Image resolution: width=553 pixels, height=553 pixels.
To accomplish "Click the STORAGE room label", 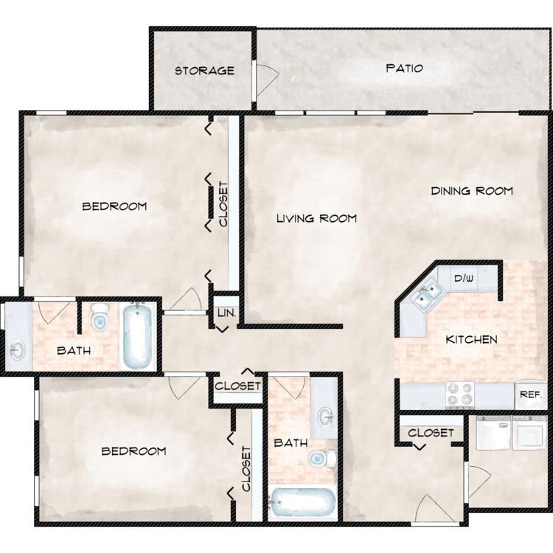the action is click(204, 71).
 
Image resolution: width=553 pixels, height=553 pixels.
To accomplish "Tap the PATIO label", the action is click(405, 68).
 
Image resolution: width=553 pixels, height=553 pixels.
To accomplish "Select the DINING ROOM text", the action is click(472, 191).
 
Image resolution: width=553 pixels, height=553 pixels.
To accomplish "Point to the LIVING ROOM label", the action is click(317, 219).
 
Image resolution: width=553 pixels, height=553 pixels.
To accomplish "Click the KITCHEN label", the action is click(472, 340).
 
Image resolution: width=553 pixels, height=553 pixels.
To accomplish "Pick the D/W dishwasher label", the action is click(464, 279).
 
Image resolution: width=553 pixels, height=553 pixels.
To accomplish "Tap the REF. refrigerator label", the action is click(531, 394).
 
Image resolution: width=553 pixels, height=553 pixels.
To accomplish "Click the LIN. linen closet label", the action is click(226, 313).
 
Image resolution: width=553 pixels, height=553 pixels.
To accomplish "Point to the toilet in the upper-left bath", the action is click(99, 317).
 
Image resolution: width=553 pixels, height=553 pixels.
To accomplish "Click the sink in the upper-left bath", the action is click(18, 350).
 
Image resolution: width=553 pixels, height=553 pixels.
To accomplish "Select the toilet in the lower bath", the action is click(322, 458).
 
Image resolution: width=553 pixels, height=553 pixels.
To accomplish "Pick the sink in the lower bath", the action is click(325, 417).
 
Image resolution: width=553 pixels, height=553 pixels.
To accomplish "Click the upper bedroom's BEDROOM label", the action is click(114, 206).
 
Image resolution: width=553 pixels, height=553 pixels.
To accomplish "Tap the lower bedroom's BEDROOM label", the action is click(133, 451).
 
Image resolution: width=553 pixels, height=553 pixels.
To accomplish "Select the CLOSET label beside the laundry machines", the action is click(431, 433).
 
